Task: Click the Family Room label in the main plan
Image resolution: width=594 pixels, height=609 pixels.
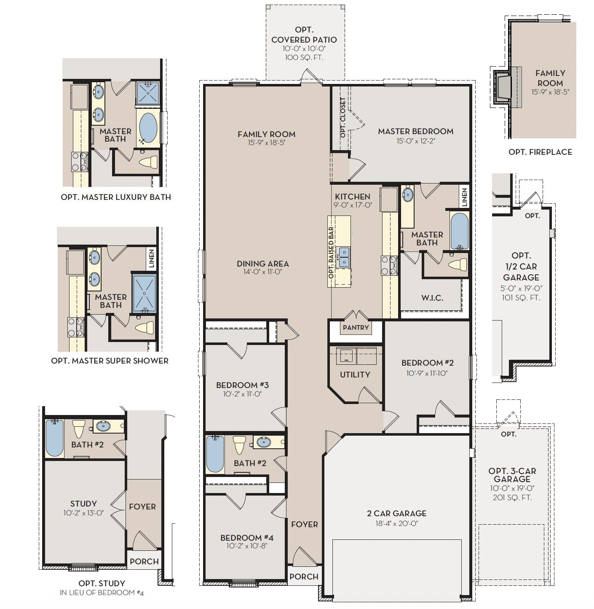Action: [x=266, y=134]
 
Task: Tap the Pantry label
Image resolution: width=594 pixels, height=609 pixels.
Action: [x=356, y=327]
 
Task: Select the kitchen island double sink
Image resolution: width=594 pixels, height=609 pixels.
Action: [x=344, y=256]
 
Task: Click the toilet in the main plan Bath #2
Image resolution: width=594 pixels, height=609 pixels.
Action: [x=239, y=445]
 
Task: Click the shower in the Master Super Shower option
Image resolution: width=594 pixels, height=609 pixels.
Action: [x=144, y=294]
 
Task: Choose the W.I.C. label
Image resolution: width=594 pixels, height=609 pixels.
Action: [x=432, y=298]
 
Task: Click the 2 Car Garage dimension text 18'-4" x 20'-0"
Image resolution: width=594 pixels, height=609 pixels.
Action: [x=397, y=523]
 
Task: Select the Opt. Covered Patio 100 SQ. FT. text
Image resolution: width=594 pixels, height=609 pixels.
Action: [x=304, y=58]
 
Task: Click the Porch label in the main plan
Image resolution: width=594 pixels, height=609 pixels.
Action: [x=304, y=577]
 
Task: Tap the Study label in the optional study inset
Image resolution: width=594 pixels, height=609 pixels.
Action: [x=83, y=504]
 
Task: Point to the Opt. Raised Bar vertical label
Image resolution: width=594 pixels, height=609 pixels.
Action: [x=331, y=252]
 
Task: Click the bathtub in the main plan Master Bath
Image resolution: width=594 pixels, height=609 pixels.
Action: [x=459, y=231]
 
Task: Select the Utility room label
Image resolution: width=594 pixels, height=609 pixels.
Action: [x=355, y=375]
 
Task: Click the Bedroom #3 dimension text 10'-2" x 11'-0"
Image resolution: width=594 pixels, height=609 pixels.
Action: [x=242, y=394]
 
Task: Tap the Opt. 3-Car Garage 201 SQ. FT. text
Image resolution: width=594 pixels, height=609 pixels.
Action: [x=512, y=497]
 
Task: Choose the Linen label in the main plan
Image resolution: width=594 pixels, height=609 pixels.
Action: [x=464, y=197]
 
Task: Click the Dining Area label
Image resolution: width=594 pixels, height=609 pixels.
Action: [x=262, y=264]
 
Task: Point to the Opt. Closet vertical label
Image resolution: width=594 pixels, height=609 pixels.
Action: [x=343, y=117]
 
